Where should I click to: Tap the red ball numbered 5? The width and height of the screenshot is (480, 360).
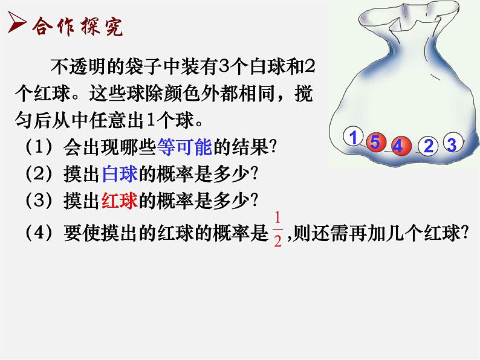[x=375, y=143]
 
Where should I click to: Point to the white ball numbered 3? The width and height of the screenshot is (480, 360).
[x=452, y=144]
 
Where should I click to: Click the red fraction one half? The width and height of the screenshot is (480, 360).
[x=278, y=229]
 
